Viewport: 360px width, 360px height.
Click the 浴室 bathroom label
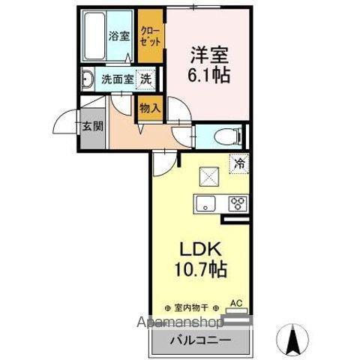(118, 35)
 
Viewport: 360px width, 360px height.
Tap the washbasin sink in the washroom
(87, 79)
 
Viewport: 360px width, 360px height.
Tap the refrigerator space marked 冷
(239, 162)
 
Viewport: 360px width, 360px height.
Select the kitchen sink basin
(205, 203)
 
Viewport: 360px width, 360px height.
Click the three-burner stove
(237, 203)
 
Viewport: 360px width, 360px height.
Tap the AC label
(235, 303)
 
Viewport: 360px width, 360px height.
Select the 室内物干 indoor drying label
(191, 308)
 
